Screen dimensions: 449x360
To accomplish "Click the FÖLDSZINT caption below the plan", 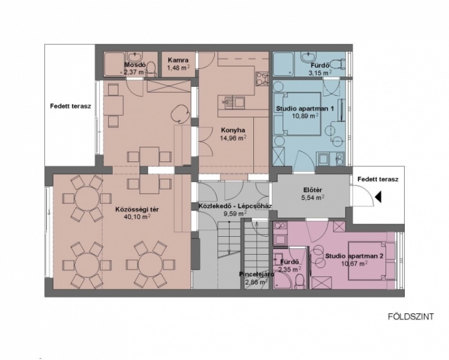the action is coord(411,317).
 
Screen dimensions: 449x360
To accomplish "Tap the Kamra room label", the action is coord(178,60).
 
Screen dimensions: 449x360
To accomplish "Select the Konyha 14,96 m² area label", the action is coord(233,135).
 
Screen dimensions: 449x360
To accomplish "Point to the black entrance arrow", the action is coord(378,197).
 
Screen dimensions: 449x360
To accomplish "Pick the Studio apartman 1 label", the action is coord(305,109).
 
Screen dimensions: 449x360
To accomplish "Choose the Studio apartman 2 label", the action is coord(354,256).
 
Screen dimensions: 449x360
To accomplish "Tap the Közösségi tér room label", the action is coord(137,209).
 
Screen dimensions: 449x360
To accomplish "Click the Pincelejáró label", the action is coord(257,274).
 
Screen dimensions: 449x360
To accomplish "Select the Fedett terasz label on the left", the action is coord(71,106).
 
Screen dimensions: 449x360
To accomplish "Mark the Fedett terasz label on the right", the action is coord(378,179).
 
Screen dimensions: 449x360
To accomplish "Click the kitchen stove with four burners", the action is coord(262,78).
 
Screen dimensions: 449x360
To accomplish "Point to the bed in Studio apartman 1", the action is coord(297,114).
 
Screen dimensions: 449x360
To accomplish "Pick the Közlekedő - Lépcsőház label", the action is coord(235,206).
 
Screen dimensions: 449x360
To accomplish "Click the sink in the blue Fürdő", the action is coord(308,56).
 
